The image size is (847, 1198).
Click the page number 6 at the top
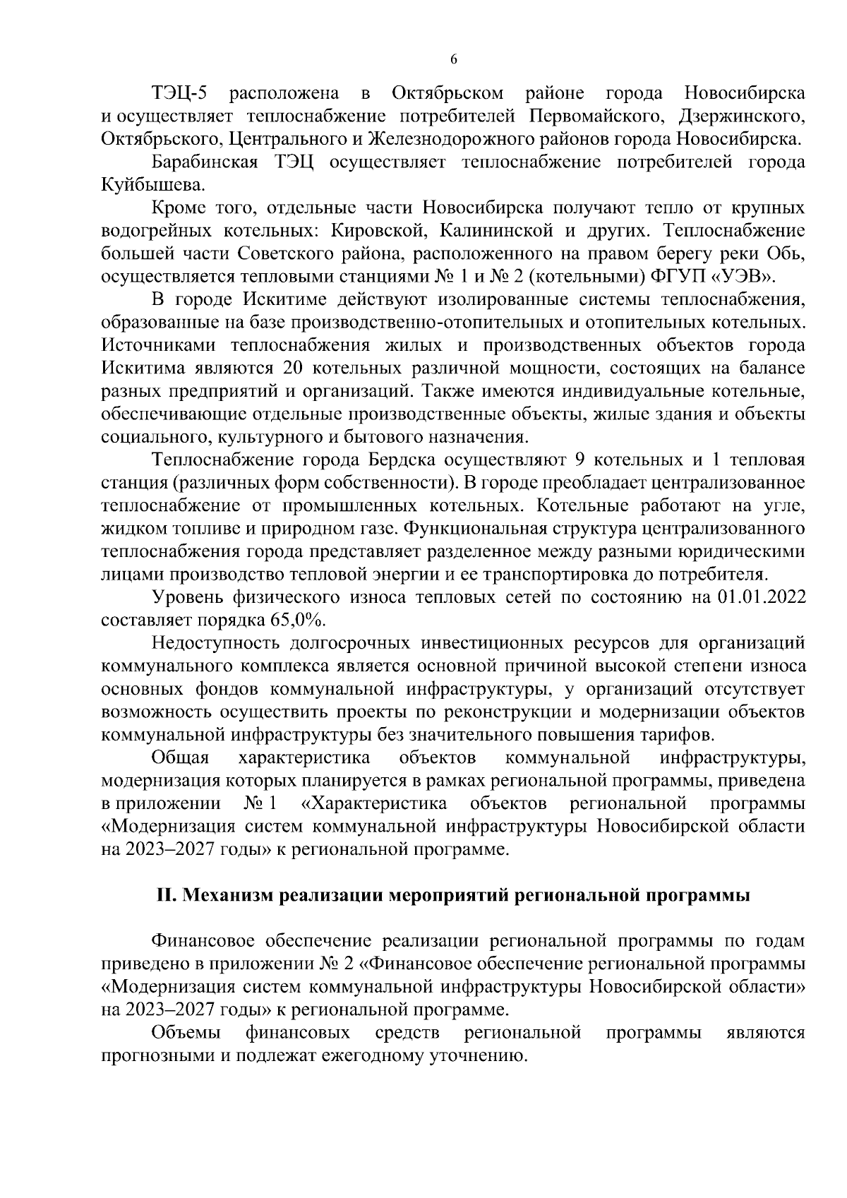coord(453,60)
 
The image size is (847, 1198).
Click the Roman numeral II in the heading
coord(164,895)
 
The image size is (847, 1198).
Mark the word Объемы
coord(186,1033)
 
